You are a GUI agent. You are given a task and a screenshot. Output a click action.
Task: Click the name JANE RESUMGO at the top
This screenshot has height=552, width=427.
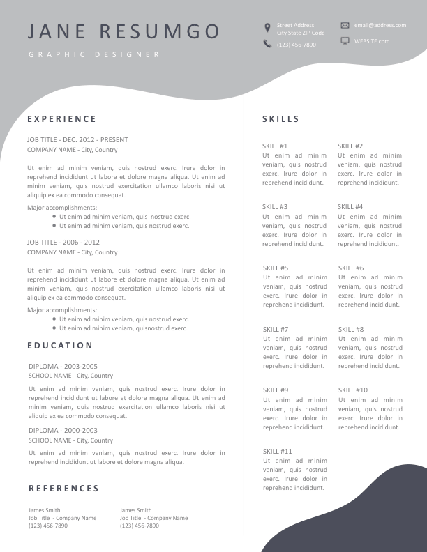124,31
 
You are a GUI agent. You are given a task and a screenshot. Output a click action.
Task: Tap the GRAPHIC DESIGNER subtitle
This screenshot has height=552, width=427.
94,54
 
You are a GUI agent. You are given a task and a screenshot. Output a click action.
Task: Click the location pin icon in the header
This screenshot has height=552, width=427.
267,28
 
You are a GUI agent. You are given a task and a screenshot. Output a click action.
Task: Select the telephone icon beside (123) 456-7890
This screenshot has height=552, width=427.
267,44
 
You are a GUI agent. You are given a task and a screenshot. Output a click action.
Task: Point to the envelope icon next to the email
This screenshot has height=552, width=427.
345,25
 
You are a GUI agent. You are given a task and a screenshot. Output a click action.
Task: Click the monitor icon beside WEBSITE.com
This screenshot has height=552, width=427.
345,41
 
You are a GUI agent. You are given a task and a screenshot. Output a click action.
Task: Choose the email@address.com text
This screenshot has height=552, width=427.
380,25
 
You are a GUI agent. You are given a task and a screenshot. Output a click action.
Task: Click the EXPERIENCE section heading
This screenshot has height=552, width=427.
62,119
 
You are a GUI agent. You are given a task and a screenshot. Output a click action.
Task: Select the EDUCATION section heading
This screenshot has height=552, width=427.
60,346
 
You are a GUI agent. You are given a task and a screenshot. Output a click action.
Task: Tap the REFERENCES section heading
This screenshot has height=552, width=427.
63,489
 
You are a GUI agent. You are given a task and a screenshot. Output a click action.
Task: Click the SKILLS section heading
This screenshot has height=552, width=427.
280,119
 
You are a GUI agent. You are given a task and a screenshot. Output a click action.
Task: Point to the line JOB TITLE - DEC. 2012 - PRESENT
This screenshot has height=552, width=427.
77,139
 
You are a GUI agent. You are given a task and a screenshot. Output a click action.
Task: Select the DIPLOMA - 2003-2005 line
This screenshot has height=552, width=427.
63,366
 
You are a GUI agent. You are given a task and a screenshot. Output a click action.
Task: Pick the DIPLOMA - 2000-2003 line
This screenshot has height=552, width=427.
63,431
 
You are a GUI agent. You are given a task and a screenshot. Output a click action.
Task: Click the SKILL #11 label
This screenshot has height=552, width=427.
277,451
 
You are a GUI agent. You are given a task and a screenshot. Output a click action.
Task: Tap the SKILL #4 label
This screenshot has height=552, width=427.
350,207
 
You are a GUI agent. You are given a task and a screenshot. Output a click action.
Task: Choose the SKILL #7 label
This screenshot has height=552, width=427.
276,329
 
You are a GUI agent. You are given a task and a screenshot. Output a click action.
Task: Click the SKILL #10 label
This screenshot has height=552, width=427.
352,390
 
